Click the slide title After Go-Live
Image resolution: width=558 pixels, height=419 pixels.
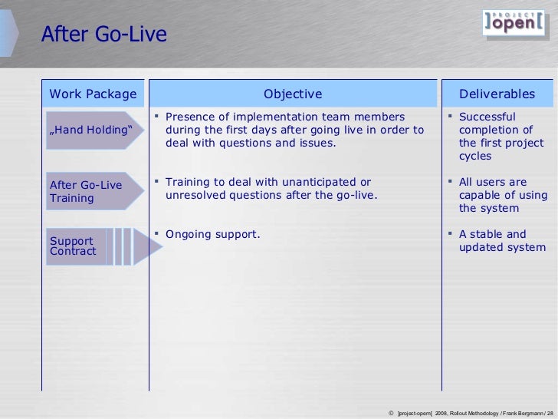[x=103, y=35]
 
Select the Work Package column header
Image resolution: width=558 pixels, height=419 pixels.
[x=93, y=94]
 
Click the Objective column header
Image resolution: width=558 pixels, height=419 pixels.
[x=293, y=94]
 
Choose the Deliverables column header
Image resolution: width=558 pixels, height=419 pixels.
[x=497, y=94]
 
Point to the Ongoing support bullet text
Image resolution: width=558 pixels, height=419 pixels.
[x=212, y=234]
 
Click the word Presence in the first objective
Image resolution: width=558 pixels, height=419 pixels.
[x=191, y=117]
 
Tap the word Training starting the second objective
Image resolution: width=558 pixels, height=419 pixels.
[x=190, y=182]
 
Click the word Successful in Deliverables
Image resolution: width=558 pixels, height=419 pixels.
[x=492, y=117]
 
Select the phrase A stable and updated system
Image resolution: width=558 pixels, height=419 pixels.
[x=501, y=241]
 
